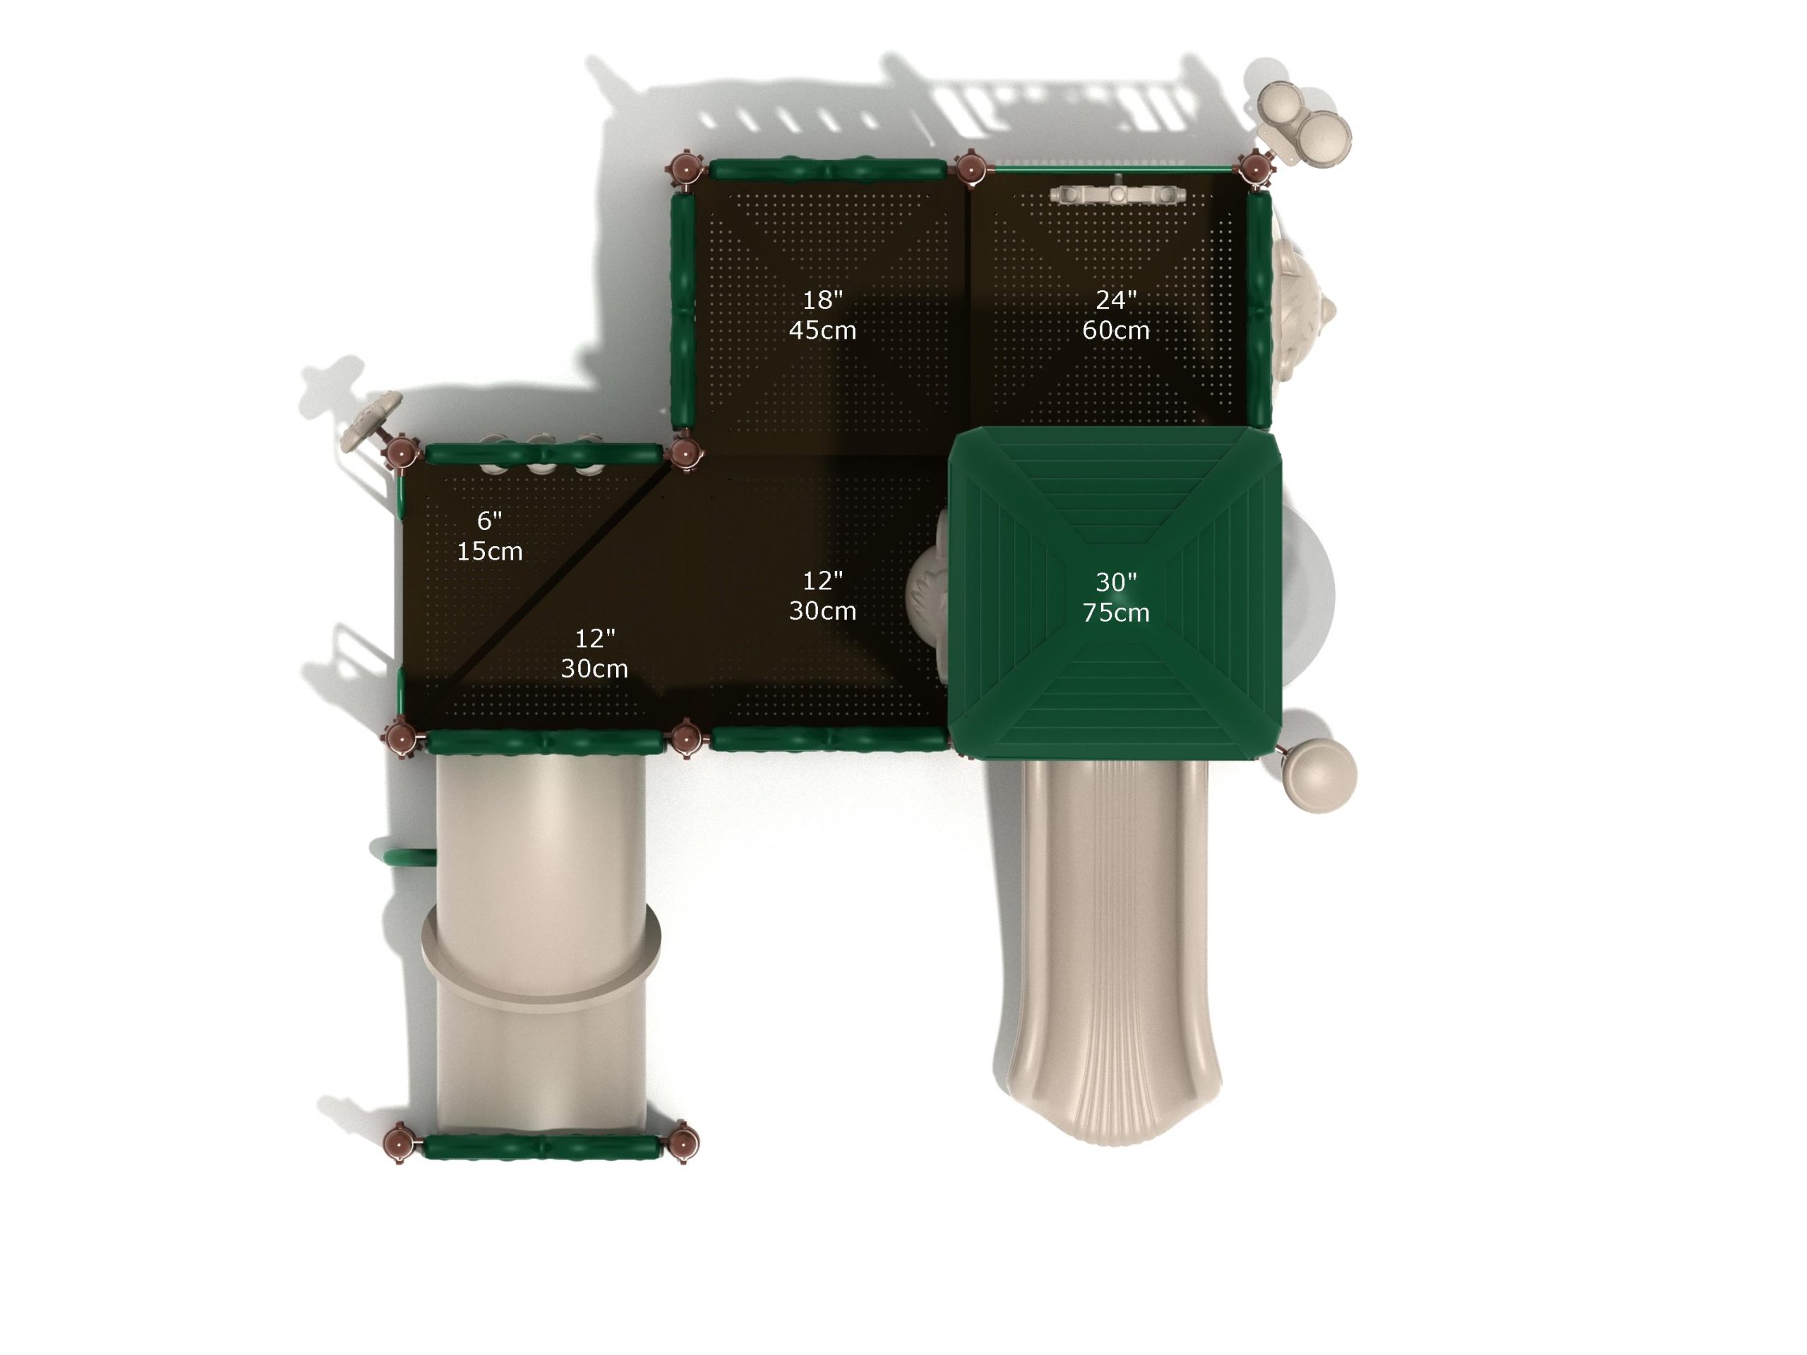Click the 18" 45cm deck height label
click(x=822, y=315)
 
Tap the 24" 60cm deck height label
click(x=1116, y=315)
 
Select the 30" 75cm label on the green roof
click(x=1116, y=597)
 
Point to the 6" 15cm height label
click(x=489, y=536)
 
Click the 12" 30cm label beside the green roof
click(x=822, y=596)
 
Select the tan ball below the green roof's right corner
click(x=1320, y=775)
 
